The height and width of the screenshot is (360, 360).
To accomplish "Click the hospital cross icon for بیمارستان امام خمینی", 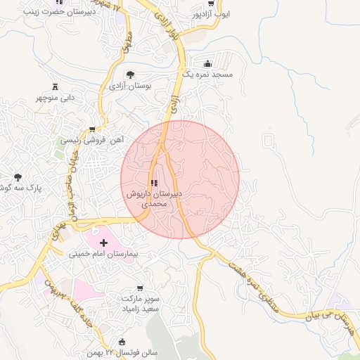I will click(x=103, y=242).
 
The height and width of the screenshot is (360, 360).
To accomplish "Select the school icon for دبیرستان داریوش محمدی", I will click(x=155, y=184).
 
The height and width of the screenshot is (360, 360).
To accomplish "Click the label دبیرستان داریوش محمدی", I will click(x=155, y=198).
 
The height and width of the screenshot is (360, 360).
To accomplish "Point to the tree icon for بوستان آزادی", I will click(x=130, y=75).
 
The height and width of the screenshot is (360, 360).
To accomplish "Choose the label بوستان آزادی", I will click(x=130, y=85).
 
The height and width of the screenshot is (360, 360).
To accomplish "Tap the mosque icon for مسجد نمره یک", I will click(x=207, y=63).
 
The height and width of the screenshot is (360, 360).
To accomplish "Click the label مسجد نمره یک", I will click(x=207, y=74).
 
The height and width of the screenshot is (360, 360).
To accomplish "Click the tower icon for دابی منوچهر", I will click(x=56, y=86).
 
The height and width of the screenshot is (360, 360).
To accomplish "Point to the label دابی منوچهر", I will click(x=56, y=98).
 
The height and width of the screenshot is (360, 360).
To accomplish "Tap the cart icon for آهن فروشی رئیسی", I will click(x=92, y=129).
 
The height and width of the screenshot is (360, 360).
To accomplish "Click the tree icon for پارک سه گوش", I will click(x=18, y=178).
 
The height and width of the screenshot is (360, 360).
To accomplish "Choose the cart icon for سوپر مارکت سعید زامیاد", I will click(x=139, y=288).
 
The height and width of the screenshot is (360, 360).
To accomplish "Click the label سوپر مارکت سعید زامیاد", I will click(x=139, y=303).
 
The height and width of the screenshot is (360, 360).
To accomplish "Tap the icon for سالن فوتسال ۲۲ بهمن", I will click(x=122, y=342).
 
